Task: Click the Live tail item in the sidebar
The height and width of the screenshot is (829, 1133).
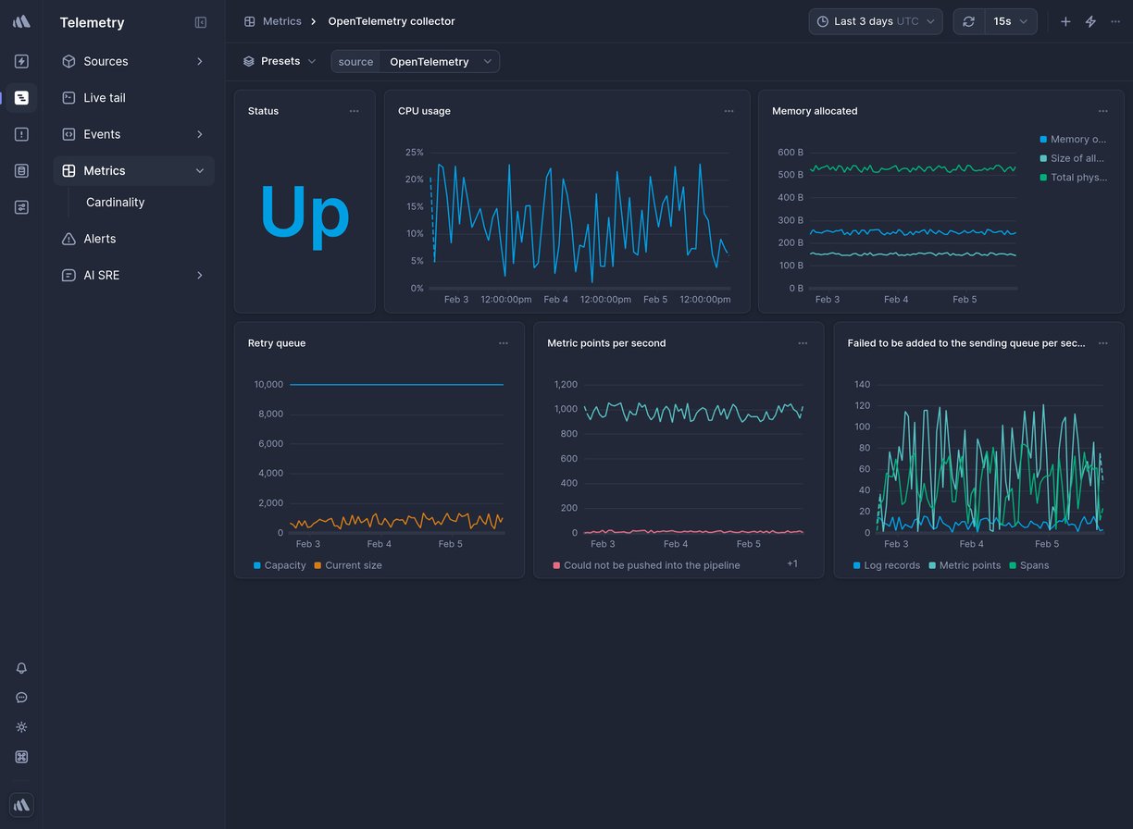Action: click(x=104, y=98)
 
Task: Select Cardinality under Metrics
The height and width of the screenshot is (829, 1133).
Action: click(x=115, y=203)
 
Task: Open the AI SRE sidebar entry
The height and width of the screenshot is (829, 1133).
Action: click(x=101, y=276)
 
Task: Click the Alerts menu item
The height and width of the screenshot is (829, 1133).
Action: click(x=99, y=239)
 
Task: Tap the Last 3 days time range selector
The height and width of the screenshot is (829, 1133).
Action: click(x=875, y=21)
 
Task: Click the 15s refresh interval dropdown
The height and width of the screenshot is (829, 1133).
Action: click(x=1010, y=21)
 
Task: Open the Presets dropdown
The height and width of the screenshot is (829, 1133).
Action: click(x=280, y=62)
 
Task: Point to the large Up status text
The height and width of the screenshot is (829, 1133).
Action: click(x=305, y=213)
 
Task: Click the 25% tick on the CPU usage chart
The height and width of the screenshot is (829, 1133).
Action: click(x=414, y=153)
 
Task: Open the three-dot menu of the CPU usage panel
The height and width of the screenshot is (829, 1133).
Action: click(x=728, y=111)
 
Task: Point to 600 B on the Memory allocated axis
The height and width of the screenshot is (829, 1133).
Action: click(x=790, y=153)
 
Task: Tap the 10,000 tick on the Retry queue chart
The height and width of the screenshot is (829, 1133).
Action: click(x=268, y=385)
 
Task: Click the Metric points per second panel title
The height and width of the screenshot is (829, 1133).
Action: click(x=605, y=343)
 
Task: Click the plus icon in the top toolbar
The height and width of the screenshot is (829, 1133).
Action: click(x=1065, y=21)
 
